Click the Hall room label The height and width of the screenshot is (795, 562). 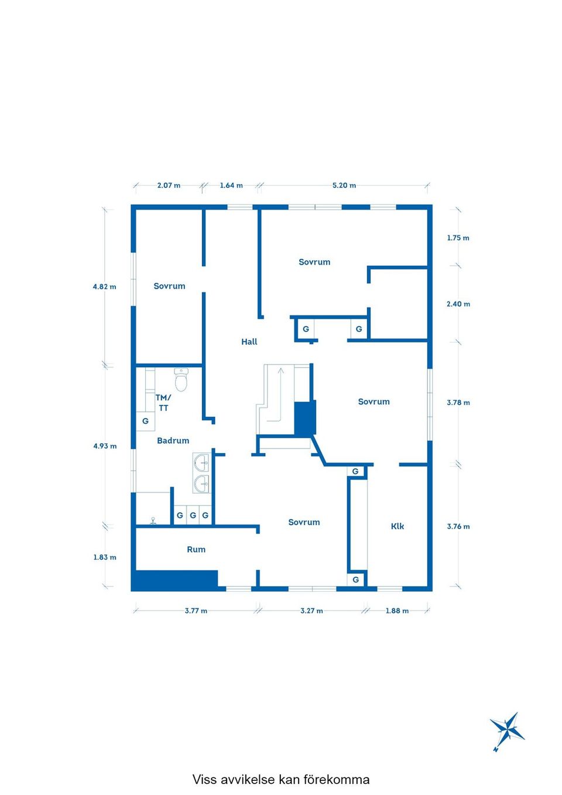(249, 342)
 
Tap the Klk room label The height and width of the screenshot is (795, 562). (397, 526)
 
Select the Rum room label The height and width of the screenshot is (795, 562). (196, 549)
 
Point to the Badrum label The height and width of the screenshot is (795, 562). (173, 440)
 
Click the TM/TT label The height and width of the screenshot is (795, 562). (163, 403)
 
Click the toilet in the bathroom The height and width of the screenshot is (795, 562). (181, 379)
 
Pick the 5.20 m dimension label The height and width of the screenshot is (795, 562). (344, 185)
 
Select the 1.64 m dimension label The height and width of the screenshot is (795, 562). (231, 185)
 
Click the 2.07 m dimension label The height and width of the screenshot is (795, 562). (169, 185)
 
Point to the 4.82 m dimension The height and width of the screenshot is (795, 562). (104, 286)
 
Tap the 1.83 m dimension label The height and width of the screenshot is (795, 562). (105, 557)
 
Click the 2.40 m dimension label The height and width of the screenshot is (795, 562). (458, 304)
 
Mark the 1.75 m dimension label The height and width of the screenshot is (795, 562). (458, 238)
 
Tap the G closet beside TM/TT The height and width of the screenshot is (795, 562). (145, 422)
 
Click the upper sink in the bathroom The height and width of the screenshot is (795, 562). (201, 462)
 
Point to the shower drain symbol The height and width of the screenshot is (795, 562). (153, 520)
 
